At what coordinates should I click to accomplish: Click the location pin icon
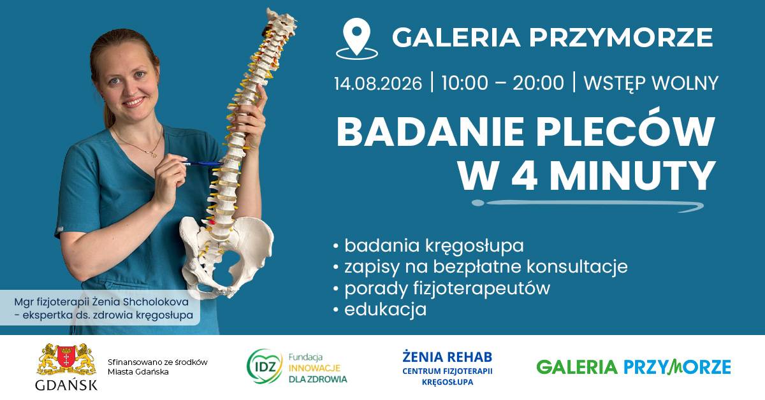(x=357, y=39)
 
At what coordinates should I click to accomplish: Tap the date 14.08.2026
(x=378, y=83)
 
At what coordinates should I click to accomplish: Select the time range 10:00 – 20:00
(x=502, y=83)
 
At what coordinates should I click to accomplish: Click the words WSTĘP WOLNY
(x=651, y=83)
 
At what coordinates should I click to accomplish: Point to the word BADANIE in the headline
(x=430, y=132)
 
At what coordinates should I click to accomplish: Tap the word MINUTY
(x=633, y=176)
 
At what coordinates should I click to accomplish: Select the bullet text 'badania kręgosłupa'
(x=434, y=246)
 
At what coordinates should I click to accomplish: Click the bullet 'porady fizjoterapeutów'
(x=447, y=289)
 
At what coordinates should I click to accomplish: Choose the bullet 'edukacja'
(x=385, y=309)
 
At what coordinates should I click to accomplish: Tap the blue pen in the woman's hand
(x=202, y=164)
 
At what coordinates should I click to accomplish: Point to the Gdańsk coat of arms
(x=66, y=359)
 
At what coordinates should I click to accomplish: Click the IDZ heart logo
(x=265, y=366)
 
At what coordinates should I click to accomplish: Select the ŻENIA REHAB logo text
(x=448, y=357)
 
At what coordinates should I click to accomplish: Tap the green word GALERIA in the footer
(x=577, y=368)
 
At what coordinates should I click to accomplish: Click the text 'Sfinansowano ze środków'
(x=157, y=362)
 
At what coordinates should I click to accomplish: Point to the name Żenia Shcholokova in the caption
(x=140, y=302)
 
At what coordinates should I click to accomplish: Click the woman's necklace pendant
(x=154, y=155)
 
